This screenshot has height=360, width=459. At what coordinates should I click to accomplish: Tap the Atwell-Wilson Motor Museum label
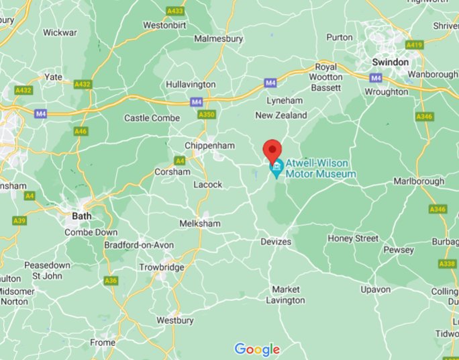321,169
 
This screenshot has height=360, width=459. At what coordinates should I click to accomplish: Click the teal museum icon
276,169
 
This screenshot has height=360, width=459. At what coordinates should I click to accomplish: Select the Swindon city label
390,62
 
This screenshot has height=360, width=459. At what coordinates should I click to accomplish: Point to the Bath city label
82,217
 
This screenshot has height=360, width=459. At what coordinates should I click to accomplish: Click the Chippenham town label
210,146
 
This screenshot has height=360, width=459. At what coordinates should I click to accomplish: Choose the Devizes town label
276,242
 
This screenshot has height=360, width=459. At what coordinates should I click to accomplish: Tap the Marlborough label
419,181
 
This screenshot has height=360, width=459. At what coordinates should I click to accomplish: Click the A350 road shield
207,116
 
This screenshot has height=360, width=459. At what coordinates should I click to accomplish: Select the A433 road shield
175,11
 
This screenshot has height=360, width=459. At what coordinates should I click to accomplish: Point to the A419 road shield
415,45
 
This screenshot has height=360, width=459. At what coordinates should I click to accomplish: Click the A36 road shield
111,281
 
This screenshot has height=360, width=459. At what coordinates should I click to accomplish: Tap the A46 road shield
81,131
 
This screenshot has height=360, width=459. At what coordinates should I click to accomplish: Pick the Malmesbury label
218,39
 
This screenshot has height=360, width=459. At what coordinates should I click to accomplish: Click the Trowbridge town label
162,267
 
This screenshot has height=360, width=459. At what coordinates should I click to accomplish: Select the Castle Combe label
152,118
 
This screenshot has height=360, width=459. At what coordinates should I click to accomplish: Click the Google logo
257,349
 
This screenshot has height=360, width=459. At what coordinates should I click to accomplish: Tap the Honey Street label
353,238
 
